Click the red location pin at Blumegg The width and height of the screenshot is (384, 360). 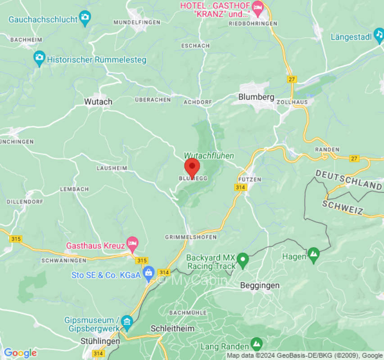[x=192, y=168]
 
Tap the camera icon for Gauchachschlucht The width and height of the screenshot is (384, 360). [x=85, y=18]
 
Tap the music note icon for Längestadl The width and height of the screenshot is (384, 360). [x=379, y=36]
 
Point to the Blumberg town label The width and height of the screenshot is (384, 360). [x=256, y=97]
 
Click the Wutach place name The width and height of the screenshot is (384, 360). [x=98, y=102]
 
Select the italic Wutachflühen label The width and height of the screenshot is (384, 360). [x=209, y=155]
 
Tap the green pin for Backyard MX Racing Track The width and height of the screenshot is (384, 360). [x=243, y=259]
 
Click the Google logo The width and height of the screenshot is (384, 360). [x=20, y=353]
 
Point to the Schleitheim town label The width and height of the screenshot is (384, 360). [x=172, y=328]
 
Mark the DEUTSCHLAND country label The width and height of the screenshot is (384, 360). [x=348, y=179]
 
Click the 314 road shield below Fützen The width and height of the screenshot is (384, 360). [x=240, y=187]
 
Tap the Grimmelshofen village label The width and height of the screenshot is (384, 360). [x=191, y=237]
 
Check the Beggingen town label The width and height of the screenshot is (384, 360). [x=260, y=285]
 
